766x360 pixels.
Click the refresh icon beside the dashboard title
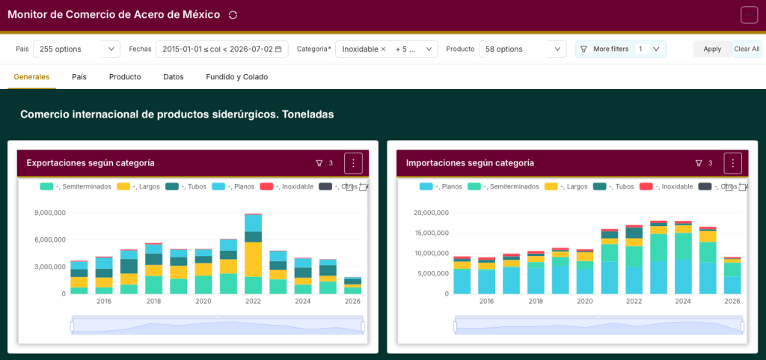click(233, 15)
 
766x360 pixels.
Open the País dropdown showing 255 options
click(77, 49)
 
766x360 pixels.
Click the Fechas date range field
click(221, 49)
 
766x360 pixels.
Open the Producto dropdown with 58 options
click(523, 49)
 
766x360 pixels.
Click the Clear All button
click(747, 49)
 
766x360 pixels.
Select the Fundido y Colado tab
click(237, 76)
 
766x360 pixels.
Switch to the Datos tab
click(174, 76)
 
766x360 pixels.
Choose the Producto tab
click(125, 76)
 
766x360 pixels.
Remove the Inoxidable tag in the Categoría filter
click(383, 49)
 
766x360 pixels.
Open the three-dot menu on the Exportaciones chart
click(353, 163)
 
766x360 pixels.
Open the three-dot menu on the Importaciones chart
click(733, 163)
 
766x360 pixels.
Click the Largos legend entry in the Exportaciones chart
click(138, 186)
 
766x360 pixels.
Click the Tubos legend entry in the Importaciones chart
click(613, 186)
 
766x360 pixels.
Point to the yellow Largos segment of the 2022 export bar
click(253, 260)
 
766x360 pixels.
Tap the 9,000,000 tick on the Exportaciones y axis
click(50, 213)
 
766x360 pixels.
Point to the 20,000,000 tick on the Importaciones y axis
click(429, 213)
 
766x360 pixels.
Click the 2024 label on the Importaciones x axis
click(683, 302)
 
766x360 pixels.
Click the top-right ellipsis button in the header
click(750, 15)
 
